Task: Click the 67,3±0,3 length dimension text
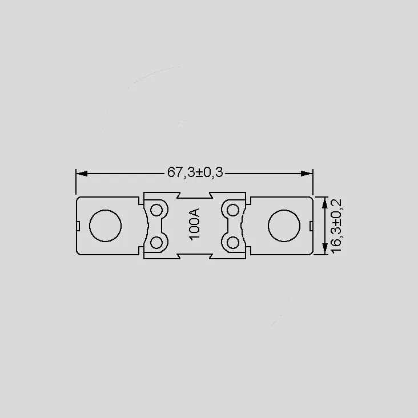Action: (195, 172)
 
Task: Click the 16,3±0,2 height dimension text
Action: (336, 226)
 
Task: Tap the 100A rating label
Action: (194, 224)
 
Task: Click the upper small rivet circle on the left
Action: (156, 210)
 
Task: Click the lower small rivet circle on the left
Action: (156, 242)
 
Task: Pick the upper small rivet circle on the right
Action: (233, 210)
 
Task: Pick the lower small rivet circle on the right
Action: (233, 242)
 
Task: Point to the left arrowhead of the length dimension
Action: (81, 174)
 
